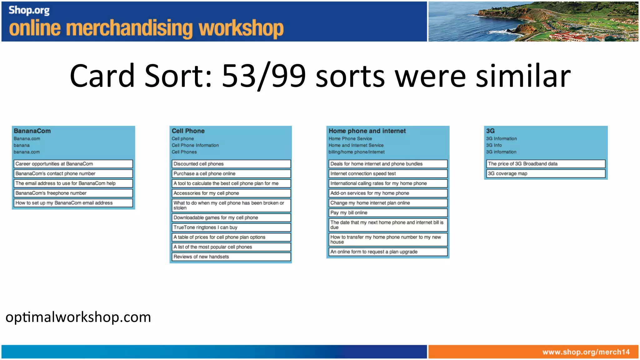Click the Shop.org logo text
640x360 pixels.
pos(29,10)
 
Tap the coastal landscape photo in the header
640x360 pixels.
pos(533,21)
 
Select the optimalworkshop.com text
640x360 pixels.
pos(78,317)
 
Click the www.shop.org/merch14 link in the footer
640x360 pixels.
pos(586,352)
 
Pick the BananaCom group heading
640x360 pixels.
pos(32,131)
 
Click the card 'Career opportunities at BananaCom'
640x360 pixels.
pos(73,164)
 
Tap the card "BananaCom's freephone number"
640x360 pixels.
pos(73,193)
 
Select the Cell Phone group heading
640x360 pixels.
pos(188,131)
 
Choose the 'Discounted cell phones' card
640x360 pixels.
pos(231,164)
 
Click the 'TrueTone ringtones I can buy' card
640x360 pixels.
pos(231,227)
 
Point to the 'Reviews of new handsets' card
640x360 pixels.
pos(231,257)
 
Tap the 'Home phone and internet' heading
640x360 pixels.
pos(367,131)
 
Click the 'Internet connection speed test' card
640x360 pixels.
pos(388,173)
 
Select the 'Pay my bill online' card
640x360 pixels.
pos(388,213)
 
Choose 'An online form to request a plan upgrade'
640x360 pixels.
pos(388,252)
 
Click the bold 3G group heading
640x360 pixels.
pos(490,131)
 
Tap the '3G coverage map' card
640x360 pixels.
pos(546,173)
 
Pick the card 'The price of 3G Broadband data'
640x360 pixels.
pos(546,164)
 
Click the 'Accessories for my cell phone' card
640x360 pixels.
pos(231,193)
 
